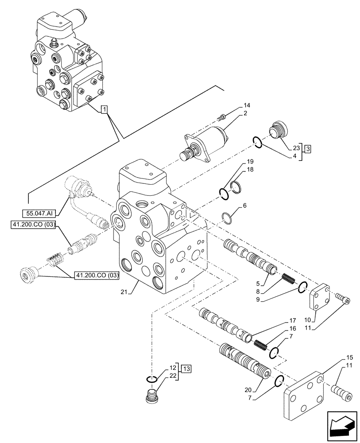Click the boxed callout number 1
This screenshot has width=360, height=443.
click(x=104, y=109)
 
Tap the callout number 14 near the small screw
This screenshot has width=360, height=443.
click(x=247, y=106)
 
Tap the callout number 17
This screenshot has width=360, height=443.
click(x=293, y=320)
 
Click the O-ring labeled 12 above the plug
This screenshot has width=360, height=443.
click(x=152, y=379)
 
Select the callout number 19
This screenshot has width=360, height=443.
click(x=250, y=162)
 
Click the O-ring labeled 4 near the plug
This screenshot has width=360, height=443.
click(x=257, y=142)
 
